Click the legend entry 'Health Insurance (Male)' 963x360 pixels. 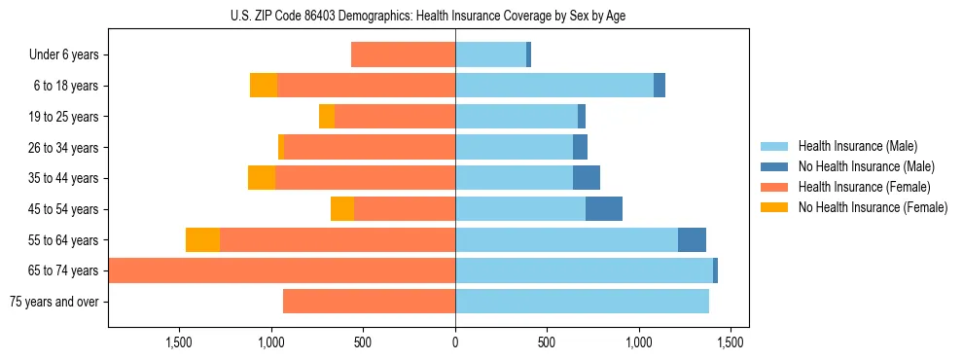[857, 146]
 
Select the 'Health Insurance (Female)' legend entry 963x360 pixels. [864, 187]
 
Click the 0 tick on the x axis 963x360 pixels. [455, 342]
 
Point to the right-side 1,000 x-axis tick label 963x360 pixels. [639, 342]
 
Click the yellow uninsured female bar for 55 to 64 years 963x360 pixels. [202, 240]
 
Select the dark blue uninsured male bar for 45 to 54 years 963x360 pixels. [604, 209]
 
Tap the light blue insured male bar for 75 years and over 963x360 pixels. [582, 302]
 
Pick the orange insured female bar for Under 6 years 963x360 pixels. [403, 55]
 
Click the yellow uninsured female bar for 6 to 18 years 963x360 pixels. [264, 86]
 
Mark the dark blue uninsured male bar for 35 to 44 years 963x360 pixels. [587, 178]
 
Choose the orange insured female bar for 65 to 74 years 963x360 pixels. [282, 270]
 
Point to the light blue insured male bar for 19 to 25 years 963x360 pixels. [517, 117]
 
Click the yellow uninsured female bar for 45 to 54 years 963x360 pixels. [342, 209]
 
